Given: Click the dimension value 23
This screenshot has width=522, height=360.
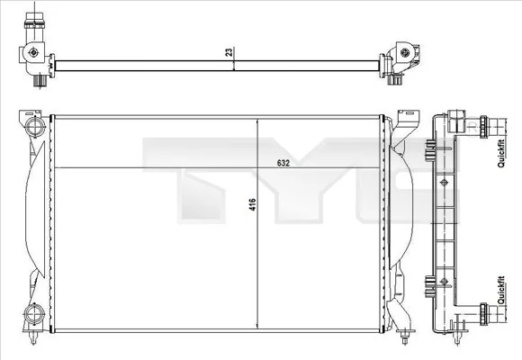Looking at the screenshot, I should tap(230, 52).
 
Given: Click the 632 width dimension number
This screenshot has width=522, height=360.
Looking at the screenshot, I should tap(283, 164).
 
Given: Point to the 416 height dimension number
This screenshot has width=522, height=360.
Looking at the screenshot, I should tap(253, 205).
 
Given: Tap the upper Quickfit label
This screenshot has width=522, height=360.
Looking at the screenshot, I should tap(500, 153).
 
